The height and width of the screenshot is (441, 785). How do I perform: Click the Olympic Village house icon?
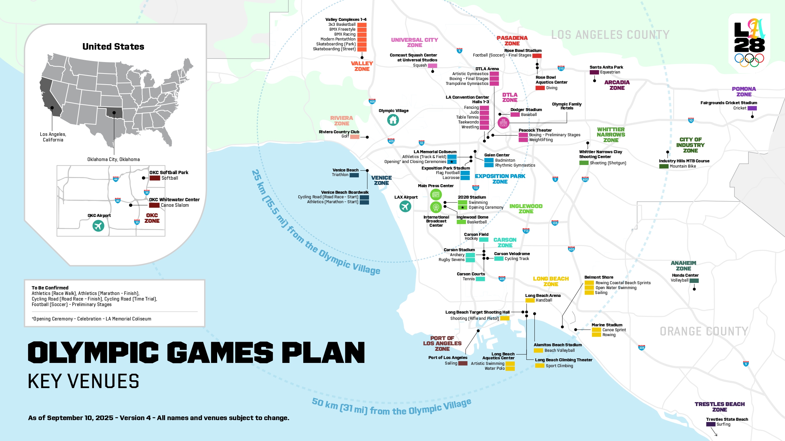click(x=393, y=120)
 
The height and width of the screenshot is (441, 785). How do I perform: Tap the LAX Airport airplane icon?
click(x=405, y=206)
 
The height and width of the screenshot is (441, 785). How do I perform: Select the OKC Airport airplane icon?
click(x=98, y=226)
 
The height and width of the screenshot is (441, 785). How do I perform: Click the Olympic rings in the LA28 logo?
click(x=749, y=59)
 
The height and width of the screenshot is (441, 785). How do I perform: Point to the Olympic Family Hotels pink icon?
click(x=503, y=123)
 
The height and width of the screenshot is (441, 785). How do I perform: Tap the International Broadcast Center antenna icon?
click(x=436, y=207)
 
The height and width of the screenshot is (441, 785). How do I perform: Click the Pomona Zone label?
click(x=744, y=92)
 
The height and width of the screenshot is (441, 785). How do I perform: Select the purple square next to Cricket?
click(x=752, y=108)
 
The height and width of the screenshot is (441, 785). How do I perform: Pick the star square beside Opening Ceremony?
click(x=462, y=207)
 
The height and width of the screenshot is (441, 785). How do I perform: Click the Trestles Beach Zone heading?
click(x=720, y=407)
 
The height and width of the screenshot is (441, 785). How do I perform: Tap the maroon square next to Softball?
click(x=155, y=178)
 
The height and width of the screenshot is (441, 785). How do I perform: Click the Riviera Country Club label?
click(x=339, y=132)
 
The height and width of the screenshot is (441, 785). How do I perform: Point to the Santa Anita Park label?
click(x=606, y=67)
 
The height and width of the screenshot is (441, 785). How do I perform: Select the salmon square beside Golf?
click(x=355, y=137)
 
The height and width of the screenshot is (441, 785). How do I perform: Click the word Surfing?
click(x=723, y=424)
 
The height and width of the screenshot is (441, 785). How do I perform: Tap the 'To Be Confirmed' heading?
click(x=50, y=288)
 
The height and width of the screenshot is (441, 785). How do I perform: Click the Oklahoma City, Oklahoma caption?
click(x=113, y=159)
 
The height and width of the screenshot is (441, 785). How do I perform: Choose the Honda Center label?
click(x=685, y=275)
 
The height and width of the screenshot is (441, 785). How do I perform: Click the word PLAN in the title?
click(x=323, y=353)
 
